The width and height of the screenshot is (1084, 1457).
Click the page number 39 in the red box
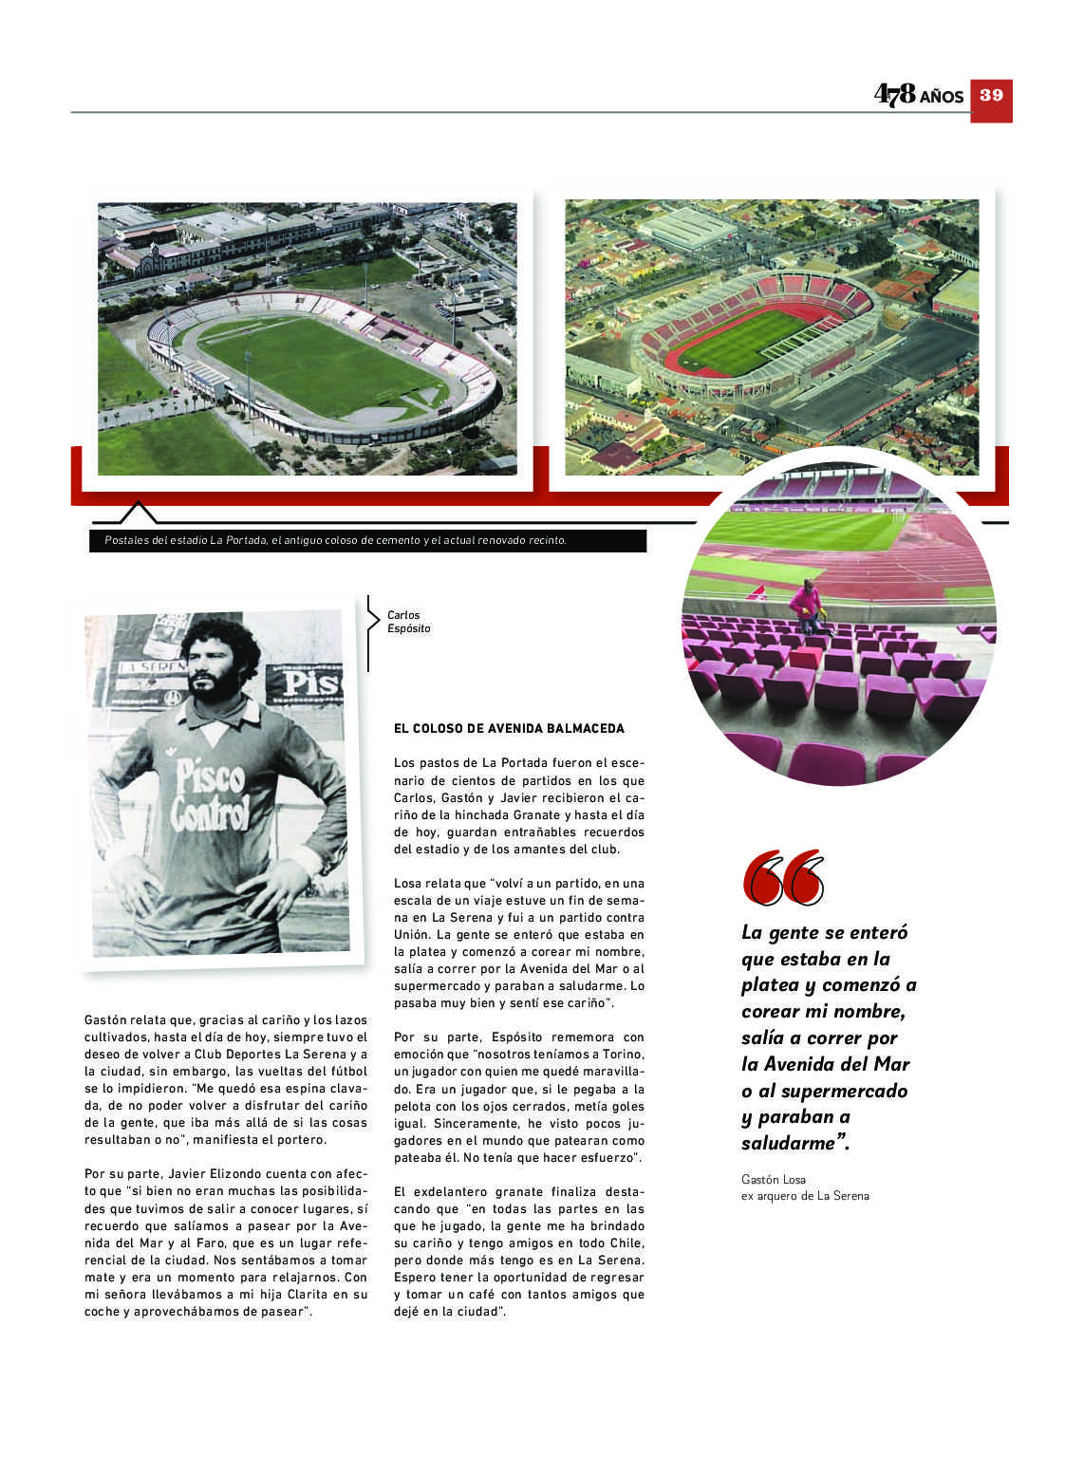click(x=991, y=96)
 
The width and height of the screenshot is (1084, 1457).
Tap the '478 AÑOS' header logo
click(x=918, y=94)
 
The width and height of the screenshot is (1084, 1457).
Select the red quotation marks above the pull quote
click(x=783, y=878)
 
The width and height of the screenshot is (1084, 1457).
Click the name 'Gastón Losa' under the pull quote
click(x=773, y=1179)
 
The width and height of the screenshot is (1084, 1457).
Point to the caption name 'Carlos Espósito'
click(x=408, y=622)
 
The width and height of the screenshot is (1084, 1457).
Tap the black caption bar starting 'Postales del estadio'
click(x=368, y=540)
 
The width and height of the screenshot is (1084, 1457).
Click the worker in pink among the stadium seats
click(x=807, y=607)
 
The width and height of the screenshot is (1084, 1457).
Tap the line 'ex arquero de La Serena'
click(x=804, y=1196)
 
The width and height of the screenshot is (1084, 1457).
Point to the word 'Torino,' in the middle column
click(x=622, y=1055)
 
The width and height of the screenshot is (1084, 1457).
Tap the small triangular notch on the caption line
click(x=139, y=513)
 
